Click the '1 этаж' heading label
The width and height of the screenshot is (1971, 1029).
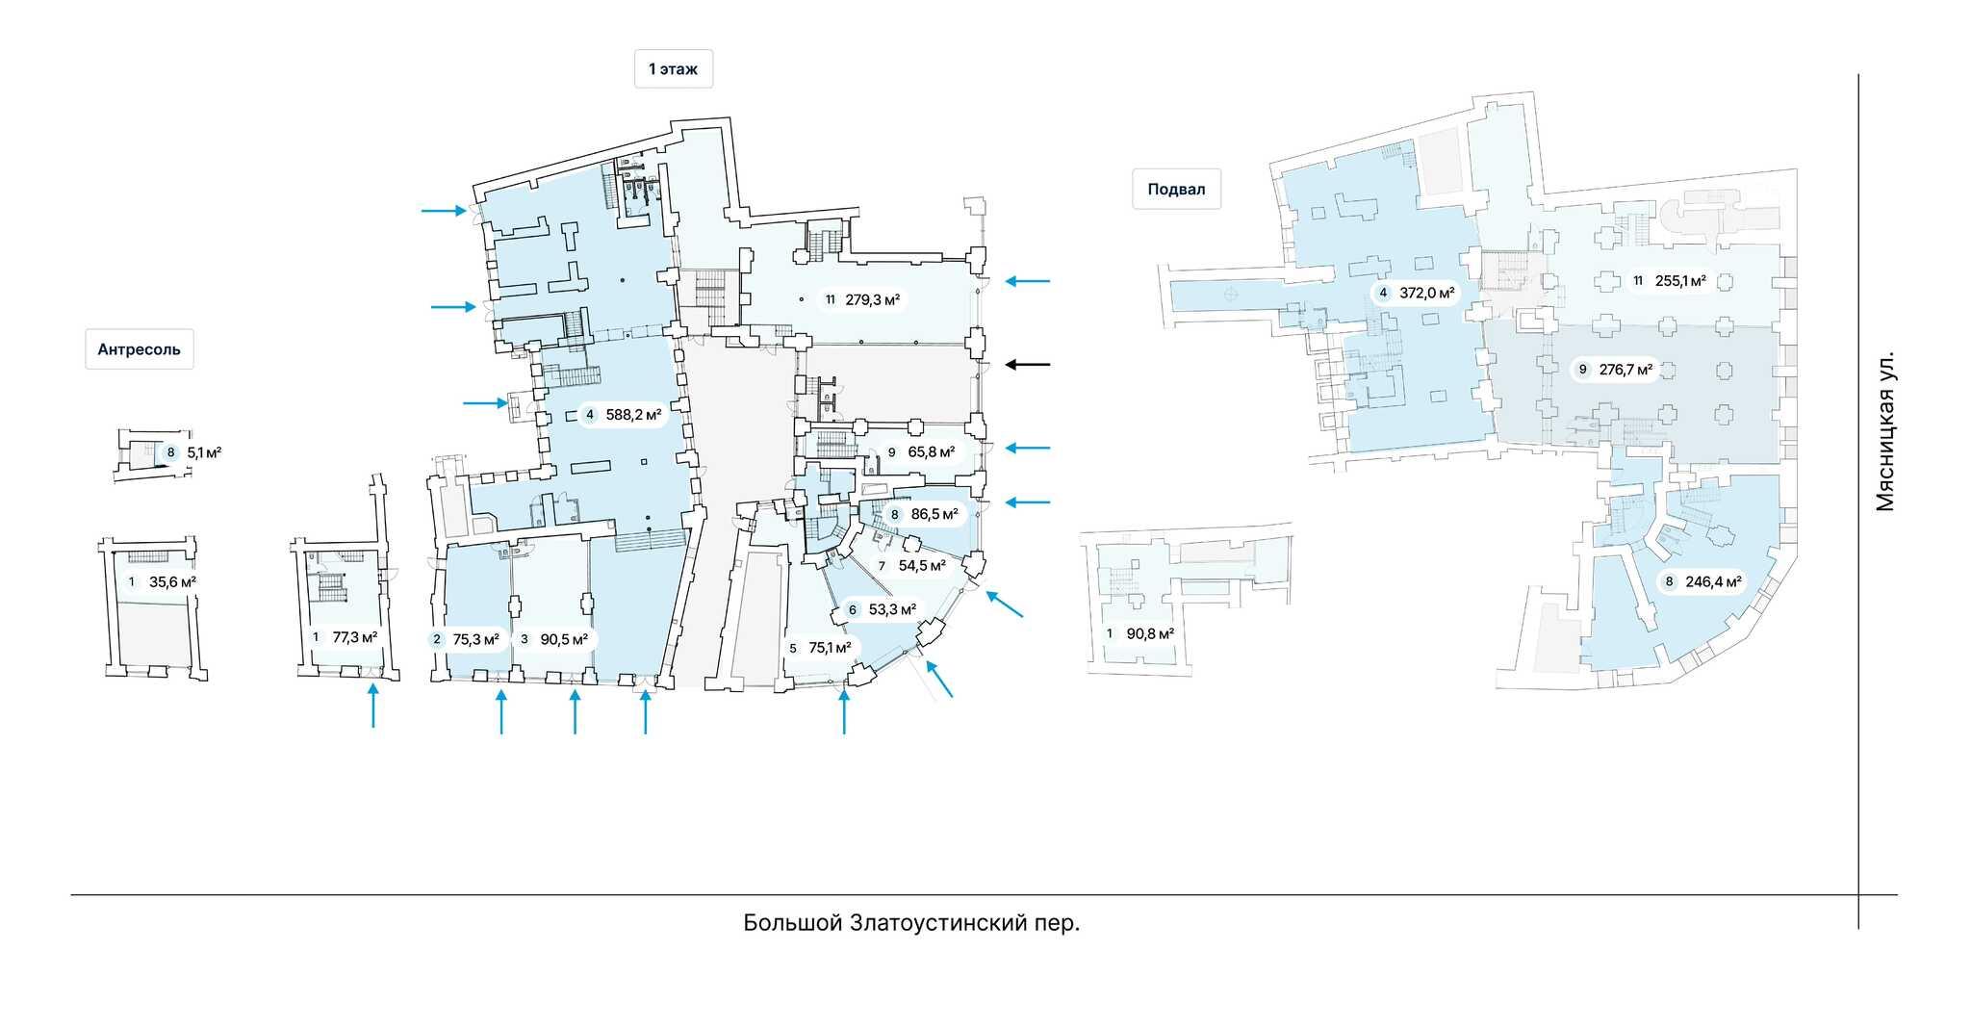673,69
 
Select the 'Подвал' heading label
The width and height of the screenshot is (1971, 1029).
1176,190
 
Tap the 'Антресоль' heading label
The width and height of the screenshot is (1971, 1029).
139,349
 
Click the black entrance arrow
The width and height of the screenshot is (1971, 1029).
1028,365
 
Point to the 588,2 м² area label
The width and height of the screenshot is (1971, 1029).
632,416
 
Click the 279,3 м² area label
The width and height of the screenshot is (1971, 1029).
872,299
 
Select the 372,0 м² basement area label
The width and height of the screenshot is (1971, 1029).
1426,293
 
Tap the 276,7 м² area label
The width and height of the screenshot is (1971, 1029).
1625,369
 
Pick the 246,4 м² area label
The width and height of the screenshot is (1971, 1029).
1713,581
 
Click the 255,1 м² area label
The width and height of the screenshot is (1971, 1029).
1680,281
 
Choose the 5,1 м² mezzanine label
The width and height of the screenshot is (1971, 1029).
204,451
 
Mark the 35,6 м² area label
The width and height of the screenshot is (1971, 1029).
172,581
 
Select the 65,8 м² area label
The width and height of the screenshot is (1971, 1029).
931,451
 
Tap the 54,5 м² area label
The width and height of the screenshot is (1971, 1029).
922,565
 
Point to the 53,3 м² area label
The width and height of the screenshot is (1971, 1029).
892,609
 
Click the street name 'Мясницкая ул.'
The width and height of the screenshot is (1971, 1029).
1885,430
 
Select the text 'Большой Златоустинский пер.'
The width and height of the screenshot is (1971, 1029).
910,923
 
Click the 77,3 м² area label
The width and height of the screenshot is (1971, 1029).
354,636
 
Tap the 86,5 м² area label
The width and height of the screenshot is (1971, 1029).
934,514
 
